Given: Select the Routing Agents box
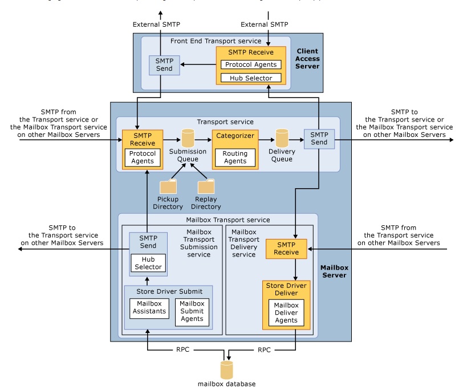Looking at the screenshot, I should [x=235, y=157].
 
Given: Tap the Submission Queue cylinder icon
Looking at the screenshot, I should [x=188, y=139].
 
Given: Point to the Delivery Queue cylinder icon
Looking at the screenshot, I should [x=282, y=139].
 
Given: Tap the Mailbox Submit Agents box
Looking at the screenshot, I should [x=192, y=311].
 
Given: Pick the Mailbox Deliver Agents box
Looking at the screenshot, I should [x=286, y=312].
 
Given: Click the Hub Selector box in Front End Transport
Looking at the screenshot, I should [x=251, y=78].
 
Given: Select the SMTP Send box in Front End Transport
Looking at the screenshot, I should [x=160, y=65].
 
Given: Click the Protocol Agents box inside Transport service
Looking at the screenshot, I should [x=143, y=157].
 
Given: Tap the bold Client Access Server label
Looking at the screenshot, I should [x=308, y=59].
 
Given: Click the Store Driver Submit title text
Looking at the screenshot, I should [x=168, y=291].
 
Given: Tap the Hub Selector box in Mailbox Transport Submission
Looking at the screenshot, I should [x=148, y=262].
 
